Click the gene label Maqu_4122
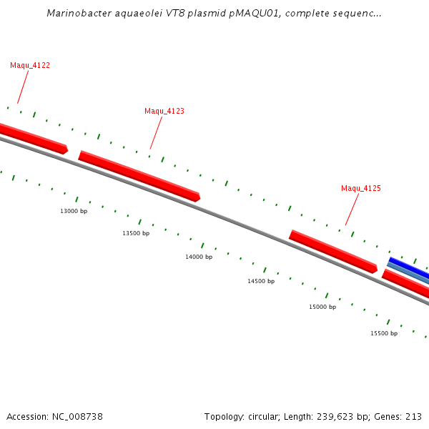click(30, 65)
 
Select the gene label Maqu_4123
click(164, 111)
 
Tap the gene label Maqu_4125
click(360, 188)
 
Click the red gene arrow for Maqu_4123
click(139, 175)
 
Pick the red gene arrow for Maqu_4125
click(332, 250)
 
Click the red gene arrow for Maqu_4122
click(32, 137)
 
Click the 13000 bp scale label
click(74, 211)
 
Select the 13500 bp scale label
click(136, 233)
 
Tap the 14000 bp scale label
click(199, 257)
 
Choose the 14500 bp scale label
click(261, 281)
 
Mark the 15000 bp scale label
click(322, 307)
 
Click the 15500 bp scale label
click(384, 333)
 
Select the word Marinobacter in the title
click(75, 13)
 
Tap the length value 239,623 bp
click(349, 417)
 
